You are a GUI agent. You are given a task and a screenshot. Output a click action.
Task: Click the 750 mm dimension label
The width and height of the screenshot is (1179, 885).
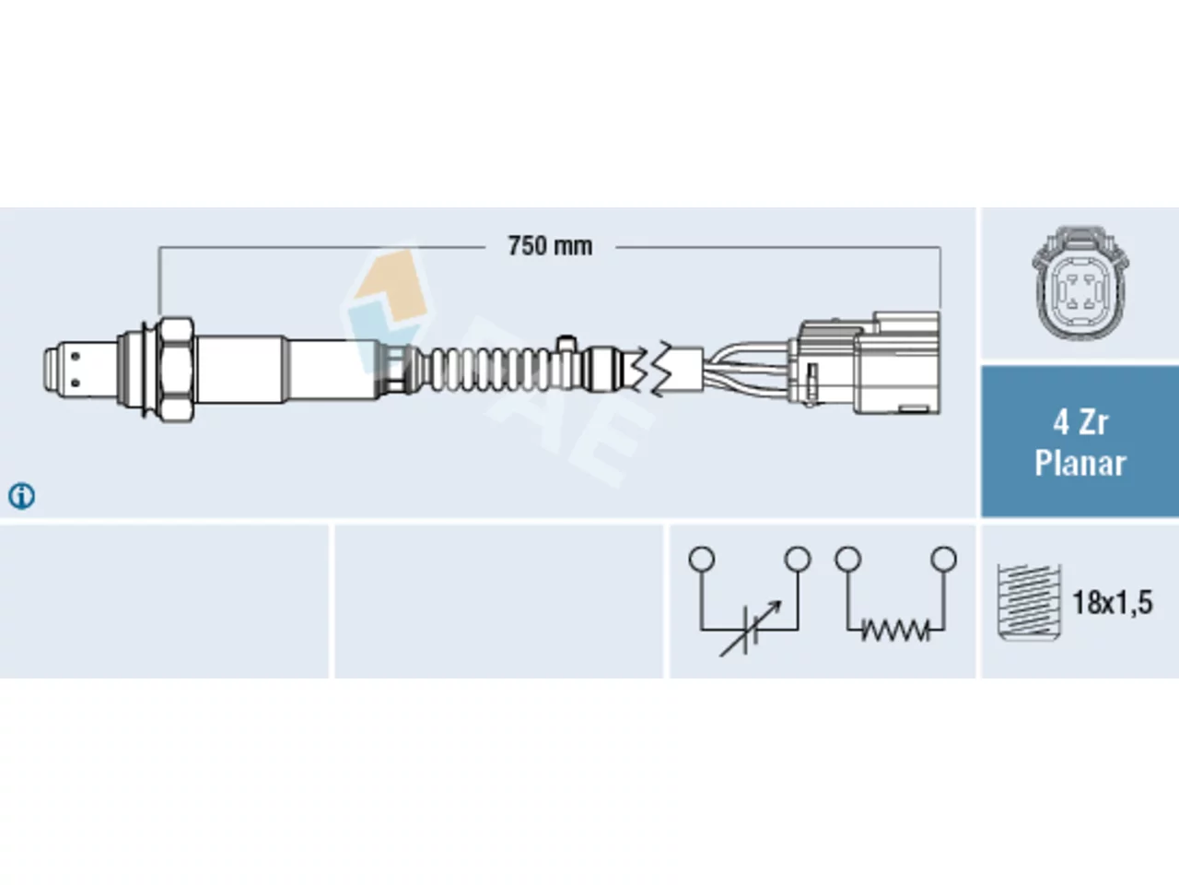(550, 247)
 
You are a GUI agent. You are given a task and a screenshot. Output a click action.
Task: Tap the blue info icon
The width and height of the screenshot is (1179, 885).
(21, 496)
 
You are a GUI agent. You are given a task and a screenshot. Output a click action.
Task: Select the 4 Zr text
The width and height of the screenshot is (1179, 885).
(1080, 423)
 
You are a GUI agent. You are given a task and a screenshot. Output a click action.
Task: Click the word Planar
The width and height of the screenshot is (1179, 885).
(1080, 463)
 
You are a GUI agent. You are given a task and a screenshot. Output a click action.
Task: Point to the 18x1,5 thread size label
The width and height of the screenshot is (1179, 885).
(1113, 602)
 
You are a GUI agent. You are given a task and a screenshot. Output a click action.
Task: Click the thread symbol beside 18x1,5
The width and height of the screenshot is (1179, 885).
(1029, 602)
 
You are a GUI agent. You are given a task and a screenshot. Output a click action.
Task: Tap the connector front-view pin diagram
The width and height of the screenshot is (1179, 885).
(1080, 283)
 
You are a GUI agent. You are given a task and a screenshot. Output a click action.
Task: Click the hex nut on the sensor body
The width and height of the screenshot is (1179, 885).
(176, 369)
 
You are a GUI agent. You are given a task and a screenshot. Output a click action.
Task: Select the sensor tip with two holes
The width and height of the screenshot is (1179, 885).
(79, 369)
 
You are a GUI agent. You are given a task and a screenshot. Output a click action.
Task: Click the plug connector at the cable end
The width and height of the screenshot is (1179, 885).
(864, 364)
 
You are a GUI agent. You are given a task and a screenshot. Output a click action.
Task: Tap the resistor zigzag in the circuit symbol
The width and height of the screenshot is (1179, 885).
(895, 630)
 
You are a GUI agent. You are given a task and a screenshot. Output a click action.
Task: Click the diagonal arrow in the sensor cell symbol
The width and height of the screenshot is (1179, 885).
(751, 628)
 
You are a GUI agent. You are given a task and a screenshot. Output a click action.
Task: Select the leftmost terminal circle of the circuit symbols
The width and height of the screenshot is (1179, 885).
(702, 559)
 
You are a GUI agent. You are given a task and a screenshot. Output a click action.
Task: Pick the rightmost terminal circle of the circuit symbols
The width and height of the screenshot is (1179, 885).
(944, 559)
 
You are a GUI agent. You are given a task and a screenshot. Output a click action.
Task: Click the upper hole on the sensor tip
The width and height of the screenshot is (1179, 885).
(76, 356)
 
